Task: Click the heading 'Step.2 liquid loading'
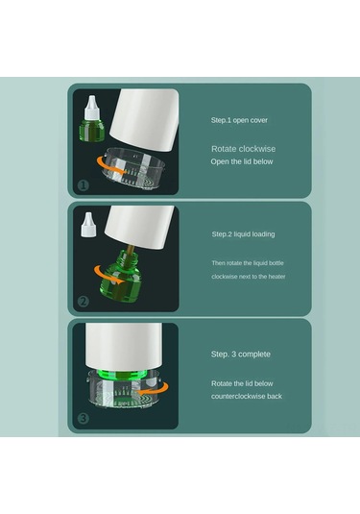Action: (246, 233)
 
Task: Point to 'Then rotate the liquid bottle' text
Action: (248, 262)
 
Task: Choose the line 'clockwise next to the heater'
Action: (249, 277)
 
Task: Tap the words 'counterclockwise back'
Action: (247, 396)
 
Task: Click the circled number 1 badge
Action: (84, 185)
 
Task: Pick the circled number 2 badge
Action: (84, 302)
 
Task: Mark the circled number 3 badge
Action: (84, 419)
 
